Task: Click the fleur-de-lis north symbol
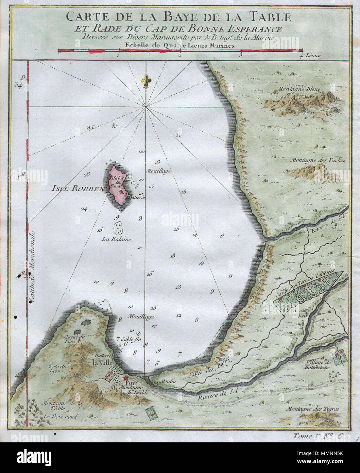coord(147,81)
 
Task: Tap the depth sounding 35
coord(90,128)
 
